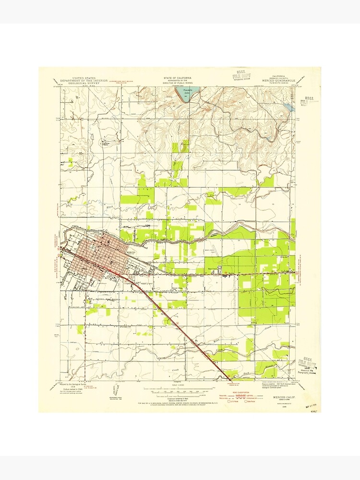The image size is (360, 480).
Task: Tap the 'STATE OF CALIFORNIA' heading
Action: click(x=177, y=77)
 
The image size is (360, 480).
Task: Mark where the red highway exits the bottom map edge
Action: click(x=230, y=380)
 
